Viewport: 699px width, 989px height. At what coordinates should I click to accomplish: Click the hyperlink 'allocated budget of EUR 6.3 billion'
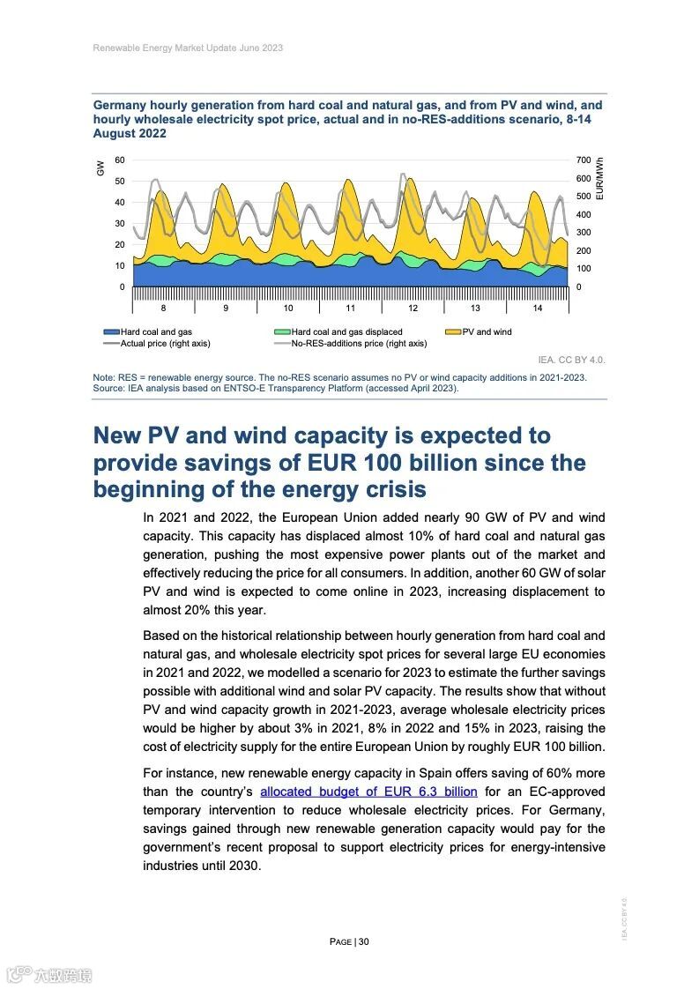tap(368, 792)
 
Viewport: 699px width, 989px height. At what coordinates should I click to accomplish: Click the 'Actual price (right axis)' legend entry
tap(165, 343)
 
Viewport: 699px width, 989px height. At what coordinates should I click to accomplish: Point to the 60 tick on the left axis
tap(120, 160)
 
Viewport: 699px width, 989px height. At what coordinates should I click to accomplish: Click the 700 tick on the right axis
tap(584, 160)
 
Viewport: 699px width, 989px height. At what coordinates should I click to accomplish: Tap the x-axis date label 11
tap(350, 308)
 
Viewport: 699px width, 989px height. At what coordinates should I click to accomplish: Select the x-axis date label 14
tap(538, 308)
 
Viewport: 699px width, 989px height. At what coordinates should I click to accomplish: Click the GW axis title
tap(100, 167)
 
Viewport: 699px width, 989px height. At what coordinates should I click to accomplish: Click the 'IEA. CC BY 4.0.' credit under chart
tap(572, 360)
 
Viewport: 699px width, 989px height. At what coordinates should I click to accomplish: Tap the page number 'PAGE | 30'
tap(349, 941)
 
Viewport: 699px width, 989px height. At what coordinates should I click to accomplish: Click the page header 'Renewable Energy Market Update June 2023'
tap(188, 48)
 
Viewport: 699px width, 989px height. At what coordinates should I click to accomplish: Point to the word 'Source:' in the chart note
tap(108, 387)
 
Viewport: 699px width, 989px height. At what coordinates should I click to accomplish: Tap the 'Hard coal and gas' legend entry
tap(156, 332)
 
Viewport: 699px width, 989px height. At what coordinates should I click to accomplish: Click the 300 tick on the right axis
tap(584, 233)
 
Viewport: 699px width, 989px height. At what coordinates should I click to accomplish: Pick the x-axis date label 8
tap(163, 308)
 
